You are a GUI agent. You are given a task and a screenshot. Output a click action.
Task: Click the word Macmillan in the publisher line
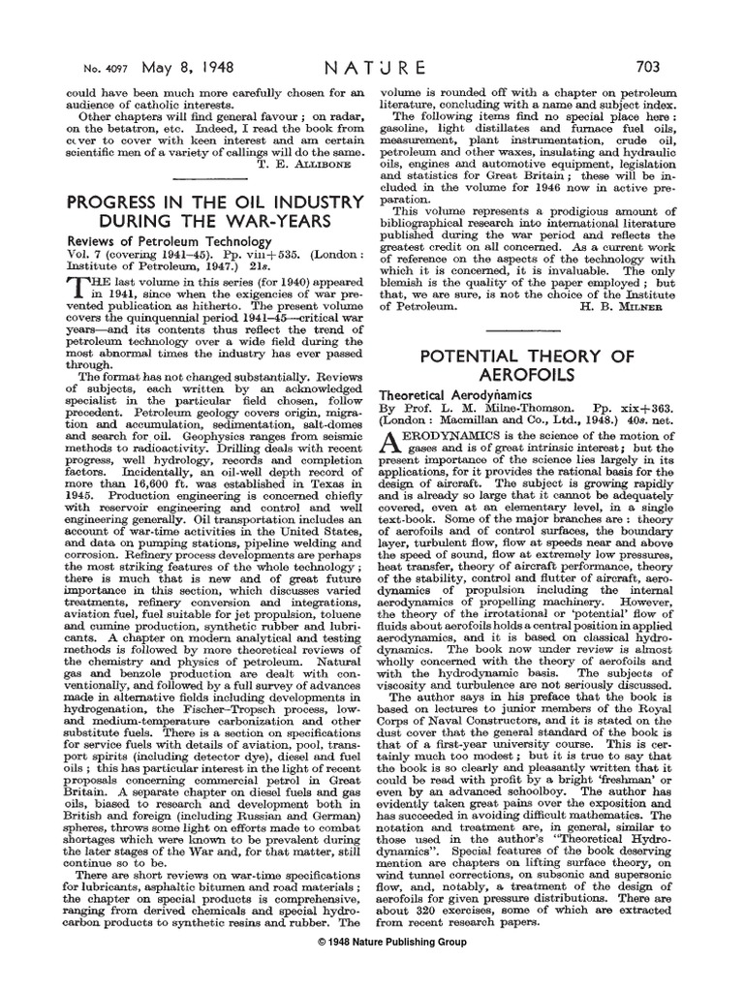click(470, 423)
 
